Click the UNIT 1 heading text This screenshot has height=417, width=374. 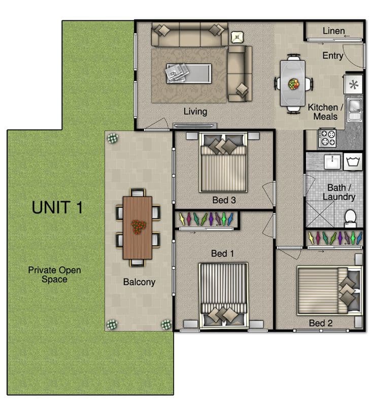point(57,207)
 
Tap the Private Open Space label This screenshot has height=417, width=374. point(54,275)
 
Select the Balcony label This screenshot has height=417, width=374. point(139,282)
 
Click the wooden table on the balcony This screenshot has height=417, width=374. point(138,228)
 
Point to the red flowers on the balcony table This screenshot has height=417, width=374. point(139,227)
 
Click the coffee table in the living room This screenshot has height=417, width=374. point(189,73)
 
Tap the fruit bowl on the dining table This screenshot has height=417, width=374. point(294,84)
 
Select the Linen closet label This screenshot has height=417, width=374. point(333,31)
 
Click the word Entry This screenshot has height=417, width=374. point(333,55)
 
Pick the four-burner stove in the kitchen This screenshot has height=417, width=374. point(327,138)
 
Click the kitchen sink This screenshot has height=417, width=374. point(355,109)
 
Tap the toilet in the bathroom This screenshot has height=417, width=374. point(351,218)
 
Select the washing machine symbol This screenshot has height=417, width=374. point(353,162)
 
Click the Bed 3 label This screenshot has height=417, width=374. point(224,200)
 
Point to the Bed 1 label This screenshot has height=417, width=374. point(223,253)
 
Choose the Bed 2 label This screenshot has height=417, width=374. point(321,323)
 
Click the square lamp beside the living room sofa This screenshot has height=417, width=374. point(237,37)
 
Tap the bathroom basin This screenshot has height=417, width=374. point(332,161)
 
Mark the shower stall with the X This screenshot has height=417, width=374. point(320,214)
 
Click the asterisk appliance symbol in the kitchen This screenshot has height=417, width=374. point(354,85)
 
